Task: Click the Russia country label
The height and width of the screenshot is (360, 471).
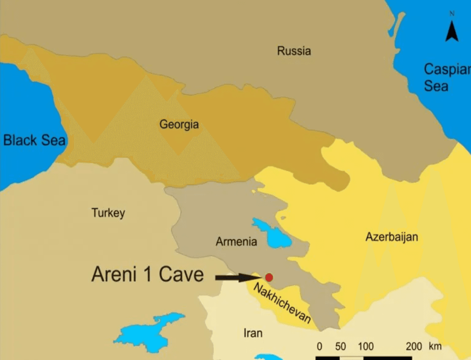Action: coord(294,51)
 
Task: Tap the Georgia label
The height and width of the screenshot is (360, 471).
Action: coord(179,124)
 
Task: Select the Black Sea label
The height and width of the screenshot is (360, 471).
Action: coord(34,140)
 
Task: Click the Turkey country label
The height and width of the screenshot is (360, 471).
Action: coord(108,213)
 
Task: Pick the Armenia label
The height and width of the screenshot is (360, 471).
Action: coord(236,242)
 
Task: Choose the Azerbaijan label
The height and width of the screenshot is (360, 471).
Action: coord(392,237)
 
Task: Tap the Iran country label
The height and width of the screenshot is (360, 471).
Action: coord(253,333)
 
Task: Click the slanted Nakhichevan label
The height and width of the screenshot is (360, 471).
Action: coord(282,303)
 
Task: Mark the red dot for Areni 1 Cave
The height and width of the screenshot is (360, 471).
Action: coord(269,277)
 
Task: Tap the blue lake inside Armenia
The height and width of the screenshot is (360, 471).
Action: coord(273,233)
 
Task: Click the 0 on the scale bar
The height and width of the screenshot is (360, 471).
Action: coord(319,347)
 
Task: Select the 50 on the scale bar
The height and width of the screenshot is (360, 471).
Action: coord(340,347)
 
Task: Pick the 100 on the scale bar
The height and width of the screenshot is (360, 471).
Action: coord(366,347)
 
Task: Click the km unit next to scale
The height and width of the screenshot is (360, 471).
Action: coord(434,347)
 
